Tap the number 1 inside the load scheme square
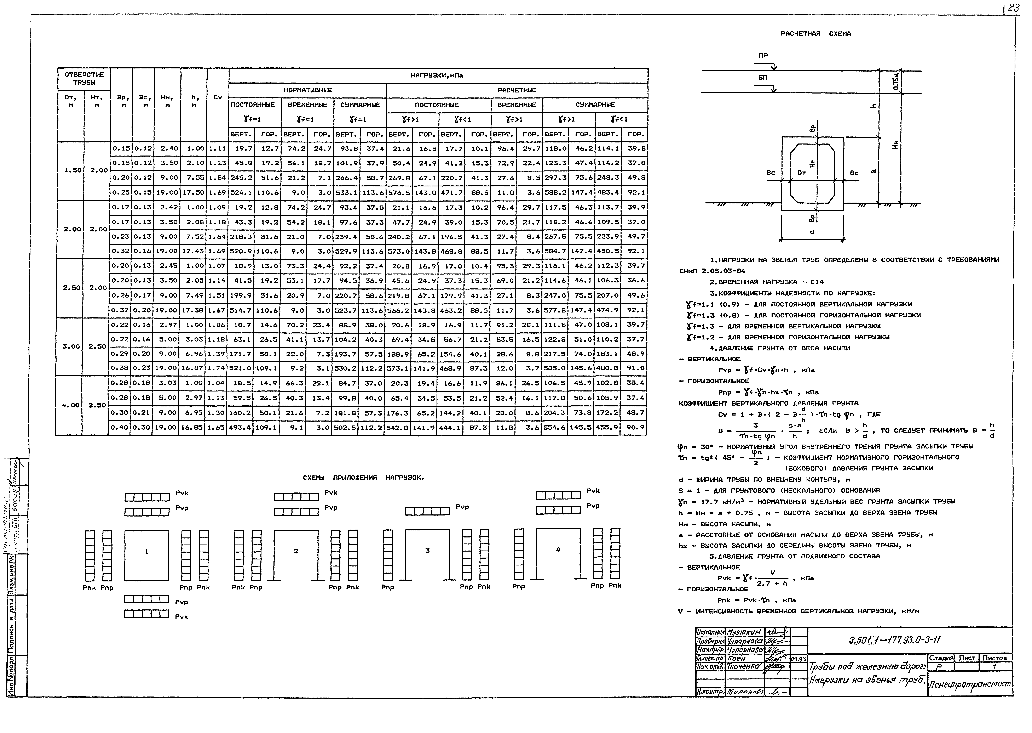tap(147, 552)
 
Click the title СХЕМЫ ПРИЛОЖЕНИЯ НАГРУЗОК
tap(363, 478)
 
